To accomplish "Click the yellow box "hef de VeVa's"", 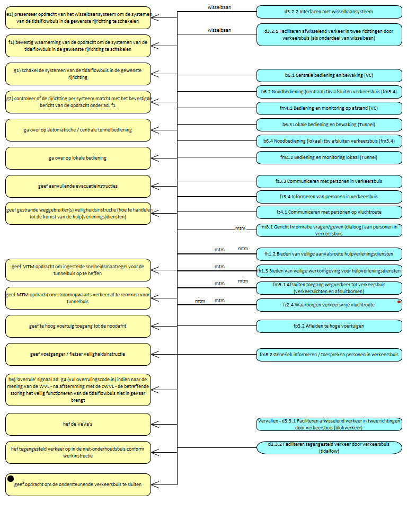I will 78,424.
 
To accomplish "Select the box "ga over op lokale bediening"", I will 78,158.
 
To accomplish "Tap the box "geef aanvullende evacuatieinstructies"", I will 78,186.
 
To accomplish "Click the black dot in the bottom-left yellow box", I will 11,479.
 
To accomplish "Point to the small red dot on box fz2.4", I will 398,302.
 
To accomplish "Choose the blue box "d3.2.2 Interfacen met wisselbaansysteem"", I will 329,11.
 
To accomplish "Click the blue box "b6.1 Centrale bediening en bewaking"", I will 329,75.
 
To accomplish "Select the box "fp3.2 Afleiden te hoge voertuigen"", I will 329,325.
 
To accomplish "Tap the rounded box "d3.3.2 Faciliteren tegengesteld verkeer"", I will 329,447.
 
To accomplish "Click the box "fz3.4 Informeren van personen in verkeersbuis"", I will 329,197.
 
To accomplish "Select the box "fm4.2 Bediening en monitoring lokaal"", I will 329,157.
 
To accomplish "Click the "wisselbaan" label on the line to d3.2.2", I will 219,8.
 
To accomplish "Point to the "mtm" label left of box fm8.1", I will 240,228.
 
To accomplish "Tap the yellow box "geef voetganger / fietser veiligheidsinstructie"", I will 78,354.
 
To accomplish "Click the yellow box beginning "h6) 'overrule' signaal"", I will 78,389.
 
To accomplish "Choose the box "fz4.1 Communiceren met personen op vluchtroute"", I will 329,212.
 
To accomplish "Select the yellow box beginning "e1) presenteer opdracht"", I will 78,17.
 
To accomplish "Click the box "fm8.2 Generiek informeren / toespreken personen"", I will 329,354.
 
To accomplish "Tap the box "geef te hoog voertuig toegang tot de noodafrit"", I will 78,326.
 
